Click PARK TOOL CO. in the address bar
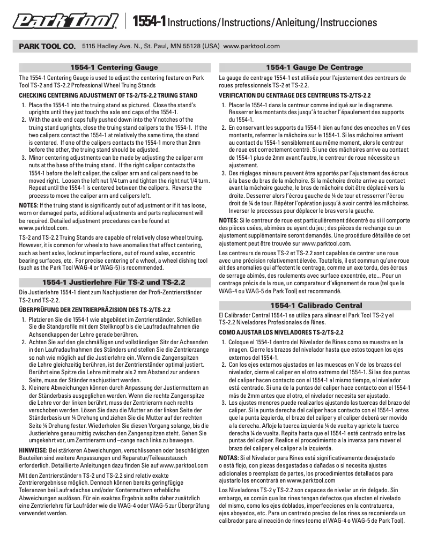pyautogui.click(x=47, y=47)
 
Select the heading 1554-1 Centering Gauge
pyautogui.click(x=114, y=68)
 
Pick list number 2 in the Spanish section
pyautogui.click(x=224, y=365)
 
